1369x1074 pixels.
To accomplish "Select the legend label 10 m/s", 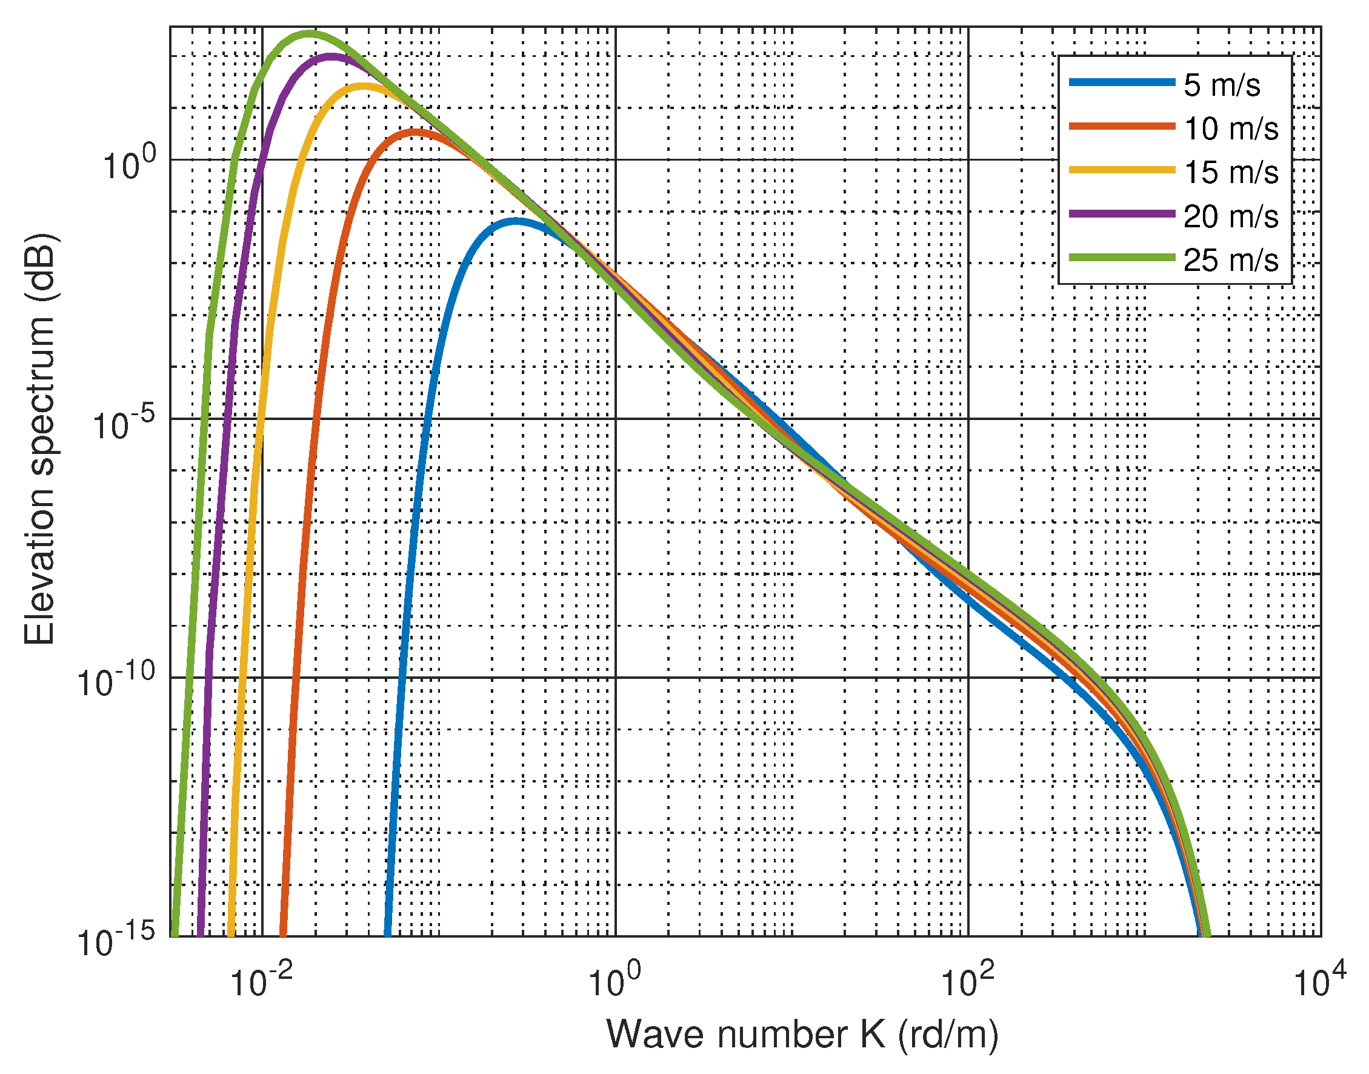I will (1230, 129).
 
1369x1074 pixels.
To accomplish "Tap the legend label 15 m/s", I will (1230, 172).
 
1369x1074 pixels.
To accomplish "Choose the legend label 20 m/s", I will (1230, 216).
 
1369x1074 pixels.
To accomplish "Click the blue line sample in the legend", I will (1122, 82).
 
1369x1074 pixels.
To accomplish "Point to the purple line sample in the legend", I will (1122, 214).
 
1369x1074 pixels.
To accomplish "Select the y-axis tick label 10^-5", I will (124, 424).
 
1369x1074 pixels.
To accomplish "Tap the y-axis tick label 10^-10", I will (116, 683).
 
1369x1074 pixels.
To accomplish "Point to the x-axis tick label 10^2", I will (967, 981).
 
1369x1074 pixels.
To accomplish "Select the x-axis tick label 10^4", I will (1320, 981).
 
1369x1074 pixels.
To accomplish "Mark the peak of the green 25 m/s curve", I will (309, 33).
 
